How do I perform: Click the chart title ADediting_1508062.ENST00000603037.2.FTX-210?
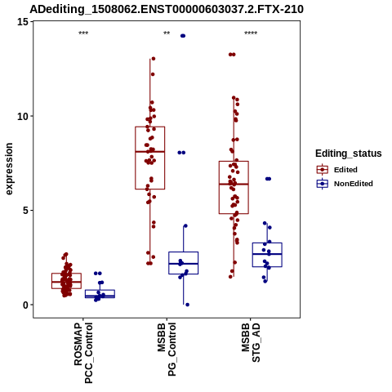pyautogui.click(x=167, y=10)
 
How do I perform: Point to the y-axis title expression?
pyautogui.click(x=9, y=169)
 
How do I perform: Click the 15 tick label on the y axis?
pyautogui.click(x=23, y=21)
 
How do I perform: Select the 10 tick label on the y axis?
pyautogui.click(x=23, y=116)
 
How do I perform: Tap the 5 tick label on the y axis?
pyautogui.click(x=26, y=211)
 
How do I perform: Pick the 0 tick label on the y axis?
pyautogui.click(x=26, y=305)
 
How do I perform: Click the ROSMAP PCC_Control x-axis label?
pyautogui.click(x=83, y=353)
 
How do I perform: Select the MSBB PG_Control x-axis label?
pyautogui.click(x=167, y=350)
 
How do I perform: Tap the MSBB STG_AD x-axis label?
pyautogui.click(x=251, y=342)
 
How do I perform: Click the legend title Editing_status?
pyautogui.click(x=349, y=154)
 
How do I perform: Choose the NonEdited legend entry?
pyautogui.click(x=345, y=184)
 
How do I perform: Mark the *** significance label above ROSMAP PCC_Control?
pyautogui.click(x=83, y=33)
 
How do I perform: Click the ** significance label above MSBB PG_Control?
pyautogui.click(x=167, y=33)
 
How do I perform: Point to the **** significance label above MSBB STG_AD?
pyautogui.click(x=251, y=33)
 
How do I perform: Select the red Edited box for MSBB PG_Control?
pyautogui.click(x=150, y=158)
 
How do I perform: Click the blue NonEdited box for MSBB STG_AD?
pyautogui.click(x=267, y=255)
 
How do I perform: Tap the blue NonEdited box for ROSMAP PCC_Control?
pyautogui.click(x=100, y=294)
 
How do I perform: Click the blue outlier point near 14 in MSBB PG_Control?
pyautogui.click(x=183, y=36)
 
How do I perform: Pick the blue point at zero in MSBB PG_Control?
pyautogui.click(x=187, y=305)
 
